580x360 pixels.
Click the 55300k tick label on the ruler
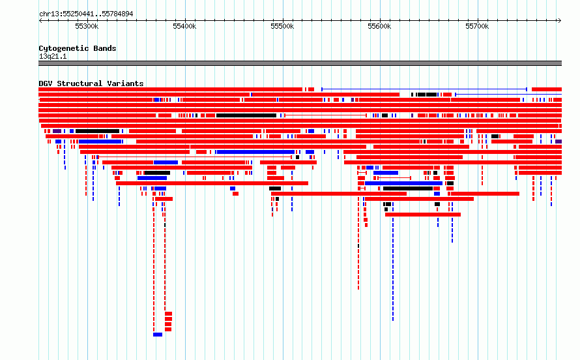pos(87,26)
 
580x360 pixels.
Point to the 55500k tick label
pos(282,26)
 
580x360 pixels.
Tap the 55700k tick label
pos(477,26)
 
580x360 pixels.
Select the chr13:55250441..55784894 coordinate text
pos(86,14)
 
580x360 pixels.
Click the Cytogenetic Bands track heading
pos(78,48)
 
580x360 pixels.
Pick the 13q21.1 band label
pos(53,56)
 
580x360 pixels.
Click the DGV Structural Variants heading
pos(91,83)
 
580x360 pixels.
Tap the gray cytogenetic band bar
pos(300,63)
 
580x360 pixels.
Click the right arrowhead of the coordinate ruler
pos(559,21)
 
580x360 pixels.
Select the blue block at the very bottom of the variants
pos(158,335)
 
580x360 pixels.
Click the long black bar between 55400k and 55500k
pos(246,115)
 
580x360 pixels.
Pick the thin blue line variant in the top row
pos(424,89)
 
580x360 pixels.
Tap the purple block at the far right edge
pos(558,142)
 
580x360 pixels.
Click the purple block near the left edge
pos(57,131)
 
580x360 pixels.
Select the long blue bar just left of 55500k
pos(255,152)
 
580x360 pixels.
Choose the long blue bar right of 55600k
pos(403,183)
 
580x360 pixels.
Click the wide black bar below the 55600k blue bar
pos(408,188)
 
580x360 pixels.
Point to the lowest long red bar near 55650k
pos(423,215)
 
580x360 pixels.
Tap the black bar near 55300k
pos(97,131)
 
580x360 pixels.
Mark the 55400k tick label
pos(184,26)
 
